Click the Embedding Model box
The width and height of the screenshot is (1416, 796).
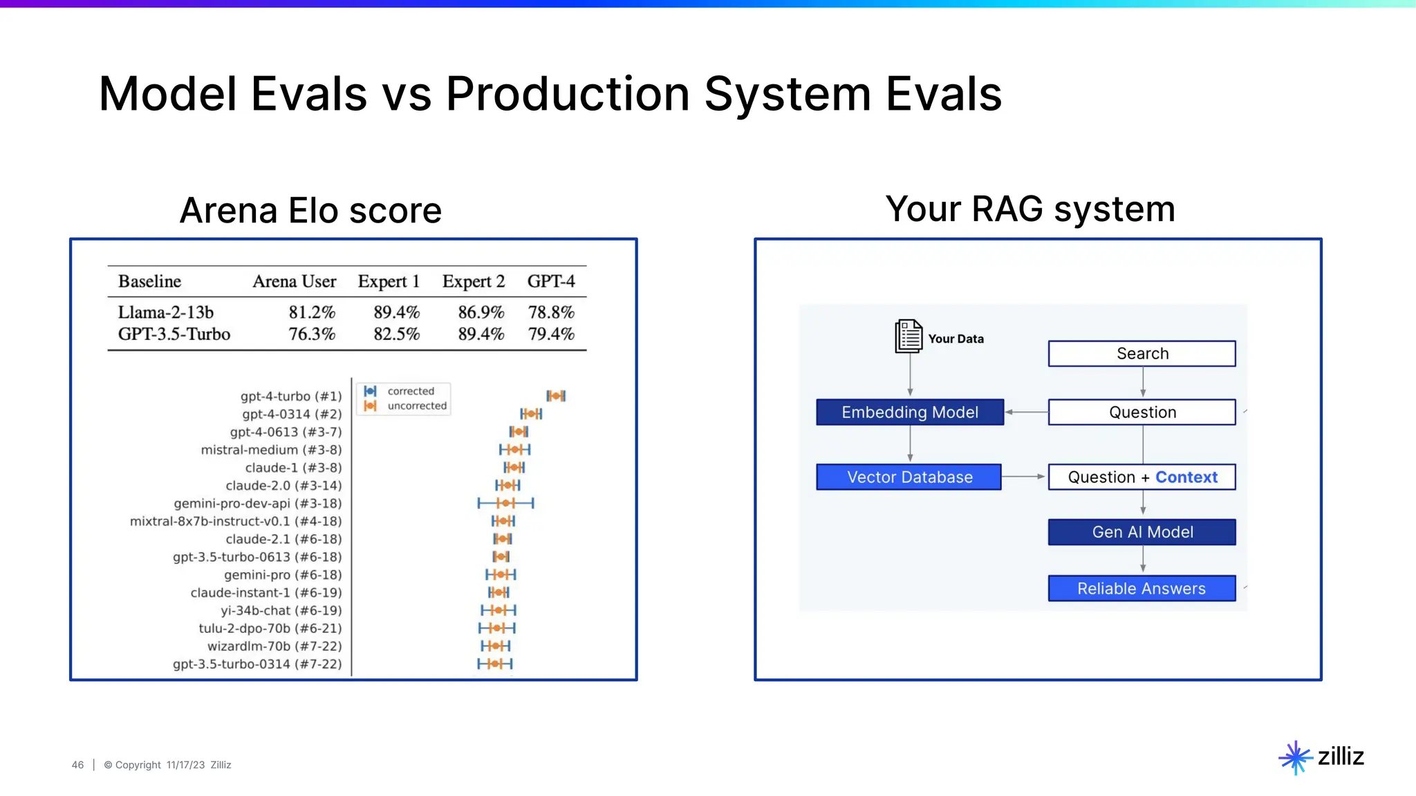point(909,413)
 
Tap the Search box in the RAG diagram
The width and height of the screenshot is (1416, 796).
point(1142,354)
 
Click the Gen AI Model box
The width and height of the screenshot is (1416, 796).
point(1142,532)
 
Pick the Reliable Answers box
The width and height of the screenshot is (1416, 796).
point(1142,589)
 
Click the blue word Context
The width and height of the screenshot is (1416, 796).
point(1186,477)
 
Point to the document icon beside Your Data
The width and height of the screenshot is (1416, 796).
point(908,337)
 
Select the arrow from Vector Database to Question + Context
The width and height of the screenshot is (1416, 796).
point(1023,477)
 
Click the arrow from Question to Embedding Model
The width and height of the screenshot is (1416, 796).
point(1026,412)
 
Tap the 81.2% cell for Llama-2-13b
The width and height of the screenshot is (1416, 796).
point(312,312)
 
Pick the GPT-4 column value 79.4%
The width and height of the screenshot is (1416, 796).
point(551,334)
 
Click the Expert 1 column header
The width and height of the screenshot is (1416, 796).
point(389,282)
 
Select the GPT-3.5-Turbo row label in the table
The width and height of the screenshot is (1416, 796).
point(174,334)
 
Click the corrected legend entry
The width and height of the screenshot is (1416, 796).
point(410,391)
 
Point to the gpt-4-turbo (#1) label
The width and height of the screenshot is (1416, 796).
point(291,397)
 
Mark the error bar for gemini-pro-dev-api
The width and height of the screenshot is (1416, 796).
point(505,503)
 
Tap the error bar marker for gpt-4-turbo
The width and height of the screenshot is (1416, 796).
point(556,396)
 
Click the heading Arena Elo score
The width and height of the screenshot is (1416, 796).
point(310,211)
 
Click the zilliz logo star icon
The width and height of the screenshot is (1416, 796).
point(1295,757)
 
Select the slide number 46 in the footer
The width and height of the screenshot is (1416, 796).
point(77,765)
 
